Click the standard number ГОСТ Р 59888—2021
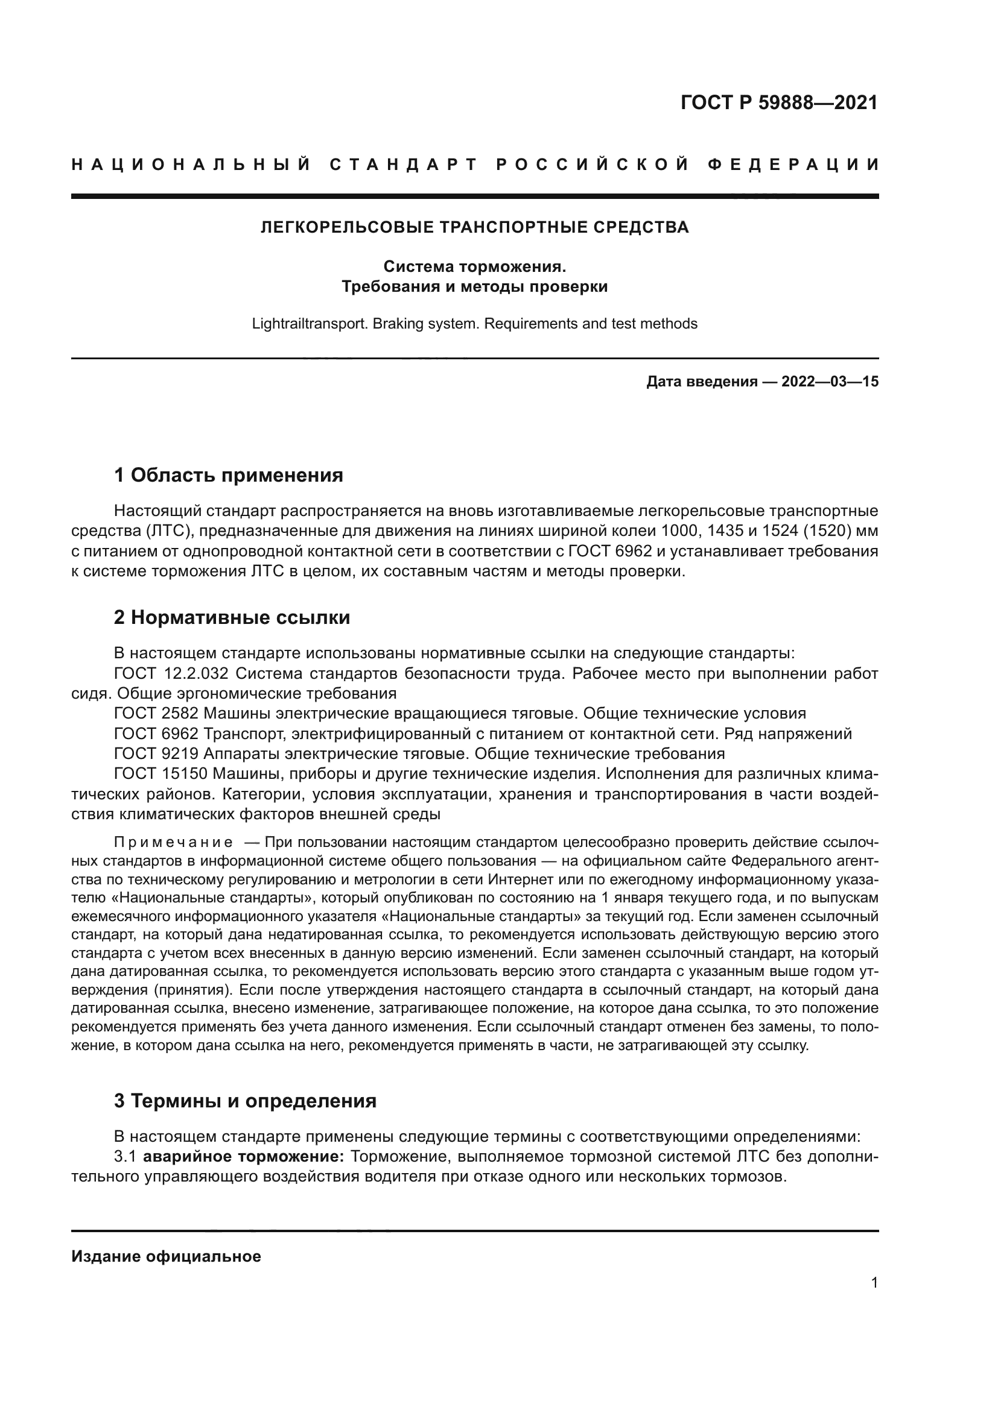pos(778,102)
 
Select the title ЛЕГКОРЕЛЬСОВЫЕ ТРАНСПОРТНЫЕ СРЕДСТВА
pos(474,227)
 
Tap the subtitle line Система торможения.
pos(474,266)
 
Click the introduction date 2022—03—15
pos(830,382)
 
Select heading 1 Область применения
pos(228,474)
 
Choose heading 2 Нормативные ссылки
pos(232,617)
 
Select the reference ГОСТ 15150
pos(161,774)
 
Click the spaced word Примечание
pos(173,842)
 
